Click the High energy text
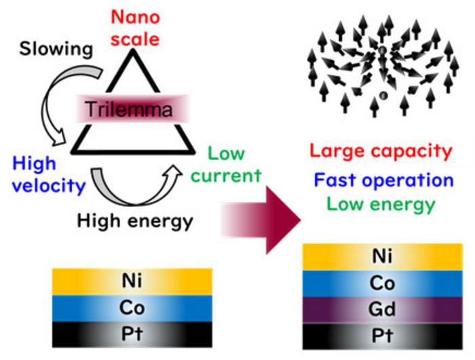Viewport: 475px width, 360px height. [x=135, y=221]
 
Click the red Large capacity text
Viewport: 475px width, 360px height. [x=380, y=151]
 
